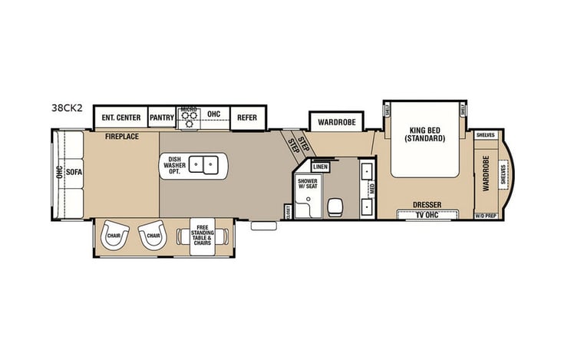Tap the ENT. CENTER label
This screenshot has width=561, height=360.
tap(121, 117)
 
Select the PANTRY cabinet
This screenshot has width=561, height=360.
tap(162, 117)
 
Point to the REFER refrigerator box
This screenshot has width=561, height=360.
tap(247, 117)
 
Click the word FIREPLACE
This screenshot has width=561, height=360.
tap(121, 135)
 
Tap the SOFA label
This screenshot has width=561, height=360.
tap(74, 173)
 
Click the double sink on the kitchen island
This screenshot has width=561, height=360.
tap(203, 163)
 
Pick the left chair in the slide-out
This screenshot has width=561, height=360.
tap(114, 236)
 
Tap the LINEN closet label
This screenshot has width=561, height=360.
tap(321, 167)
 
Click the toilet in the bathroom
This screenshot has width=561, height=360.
tap(335, 205)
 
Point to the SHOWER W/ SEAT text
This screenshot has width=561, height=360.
tap(308, 183)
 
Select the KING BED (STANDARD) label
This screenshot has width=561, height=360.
tap(426, 134)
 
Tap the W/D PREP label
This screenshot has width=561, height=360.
tap(485, 216)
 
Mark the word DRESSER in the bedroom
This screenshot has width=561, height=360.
tap(426, 204)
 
